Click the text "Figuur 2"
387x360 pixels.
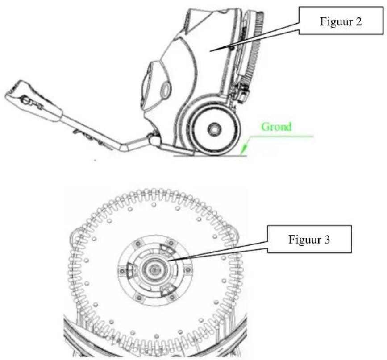point(341,21)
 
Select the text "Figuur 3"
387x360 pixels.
point(309,240)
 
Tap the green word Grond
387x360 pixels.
point(276,127)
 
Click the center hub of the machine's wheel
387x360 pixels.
point(214,129)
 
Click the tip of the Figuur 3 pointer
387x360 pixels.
point(168,261)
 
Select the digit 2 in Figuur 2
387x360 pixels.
point(358,22)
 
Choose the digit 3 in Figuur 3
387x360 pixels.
point(327,240)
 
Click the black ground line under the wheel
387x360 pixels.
point(210,156)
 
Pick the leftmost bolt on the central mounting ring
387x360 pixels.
point(121,271)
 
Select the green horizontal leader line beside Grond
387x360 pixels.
point(281,136)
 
